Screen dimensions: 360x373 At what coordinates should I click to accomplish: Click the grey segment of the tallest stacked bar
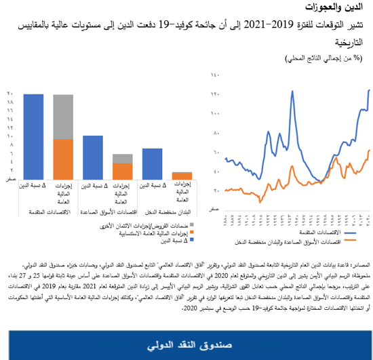point(63,117)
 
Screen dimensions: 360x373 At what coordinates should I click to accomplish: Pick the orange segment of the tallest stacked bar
point(63,158)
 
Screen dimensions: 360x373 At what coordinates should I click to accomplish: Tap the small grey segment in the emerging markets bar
point(123,159)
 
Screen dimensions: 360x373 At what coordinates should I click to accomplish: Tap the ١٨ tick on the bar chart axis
point(10,102)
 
